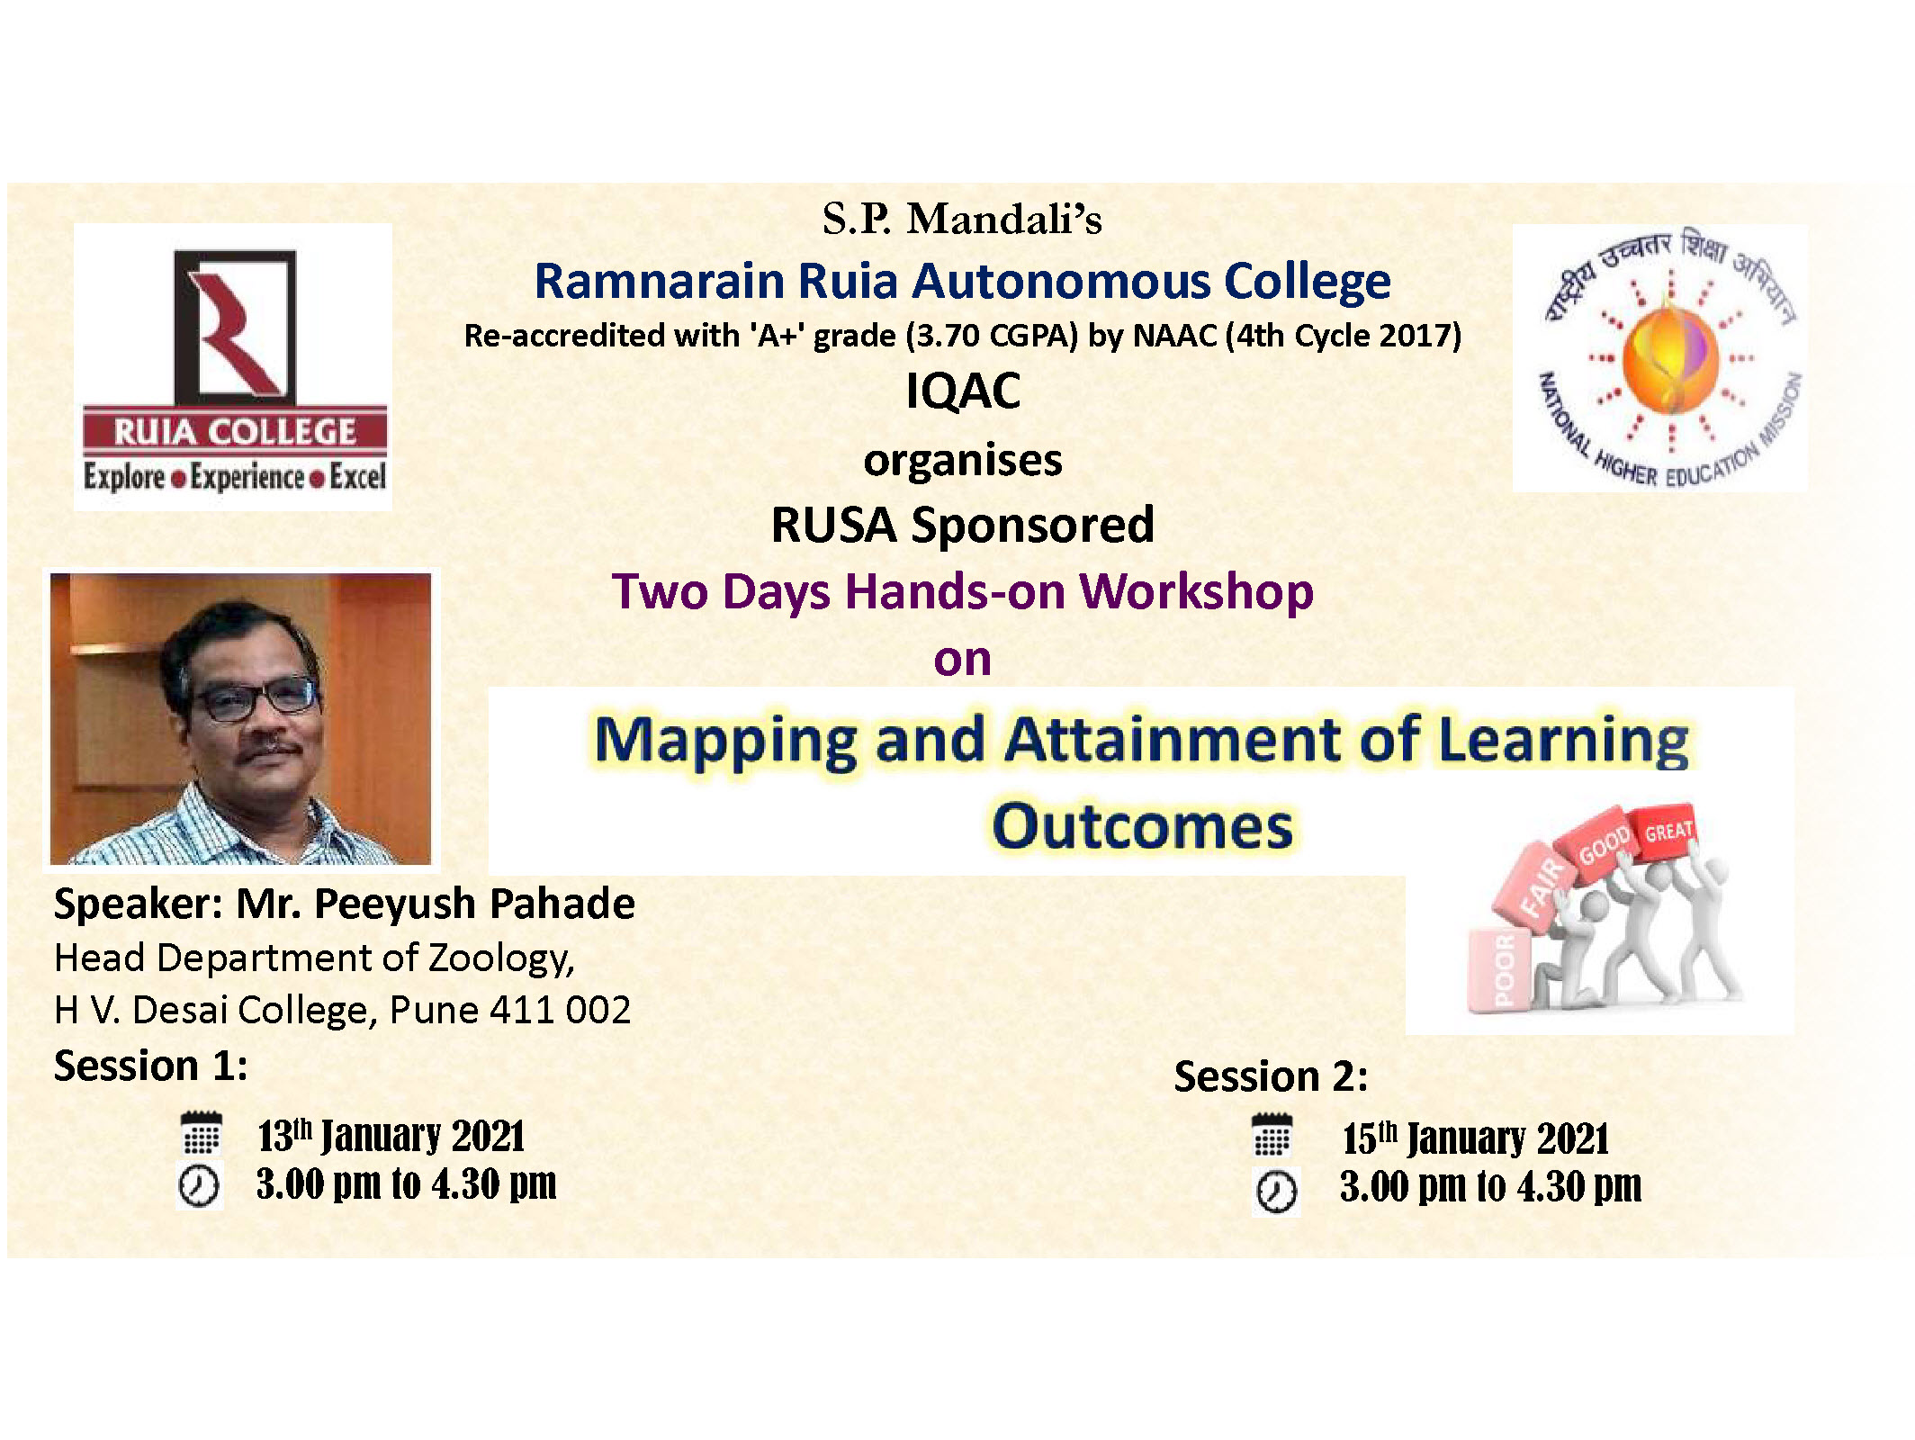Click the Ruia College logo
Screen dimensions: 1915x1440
[233, 367]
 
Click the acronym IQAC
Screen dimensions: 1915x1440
[963, 391]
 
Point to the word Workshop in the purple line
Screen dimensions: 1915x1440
[1196, 592]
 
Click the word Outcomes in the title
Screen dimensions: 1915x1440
[1142, 826]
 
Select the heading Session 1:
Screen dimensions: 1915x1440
[150, 1066]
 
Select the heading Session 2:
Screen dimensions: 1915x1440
[1271, 1076]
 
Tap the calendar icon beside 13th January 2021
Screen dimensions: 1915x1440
[201, 1133]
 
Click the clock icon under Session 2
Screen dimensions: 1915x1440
[1275, 1192]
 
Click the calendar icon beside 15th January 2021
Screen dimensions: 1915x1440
[1272, 1135]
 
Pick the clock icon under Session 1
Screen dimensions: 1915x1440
[199, 1184]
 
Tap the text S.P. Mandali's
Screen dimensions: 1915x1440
[962, 219]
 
